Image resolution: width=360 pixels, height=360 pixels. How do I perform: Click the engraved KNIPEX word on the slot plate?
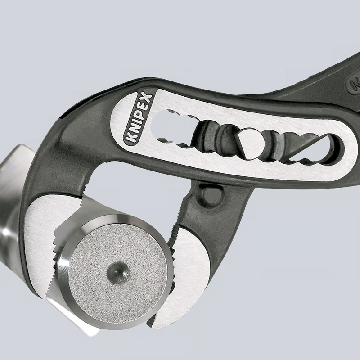(x=139, y=118)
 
